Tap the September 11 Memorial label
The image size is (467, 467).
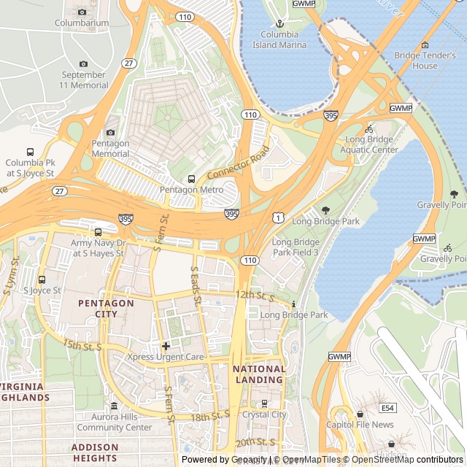click(84, 80)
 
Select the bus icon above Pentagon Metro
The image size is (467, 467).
click(191, 179)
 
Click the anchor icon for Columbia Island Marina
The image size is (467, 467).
click(279, 24)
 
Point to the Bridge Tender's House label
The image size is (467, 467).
click(425, 61)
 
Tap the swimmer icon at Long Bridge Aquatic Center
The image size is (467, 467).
click(369, 128)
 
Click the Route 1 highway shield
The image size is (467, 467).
click(279, 217)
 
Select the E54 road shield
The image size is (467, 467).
click(387, 408)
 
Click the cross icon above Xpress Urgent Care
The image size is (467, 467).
click(166, 346)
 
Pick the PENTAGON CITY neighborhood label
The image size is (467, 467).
click(107, 309)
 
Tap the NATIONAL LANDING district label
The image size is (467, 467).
click(259, 374)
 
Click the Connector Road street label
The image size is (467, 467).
click(239, 166)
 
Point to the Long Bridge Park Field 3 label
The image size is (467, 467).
click(296, 247)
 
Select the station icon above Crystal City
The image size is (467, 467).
click(264, 403)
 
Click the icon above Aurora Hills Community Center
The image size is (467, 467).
click(115, 406)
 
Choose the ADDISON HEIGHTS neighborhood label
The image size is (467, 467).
click(95, 452)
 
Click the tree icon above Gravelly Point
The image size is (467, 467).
click(454, 194)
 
